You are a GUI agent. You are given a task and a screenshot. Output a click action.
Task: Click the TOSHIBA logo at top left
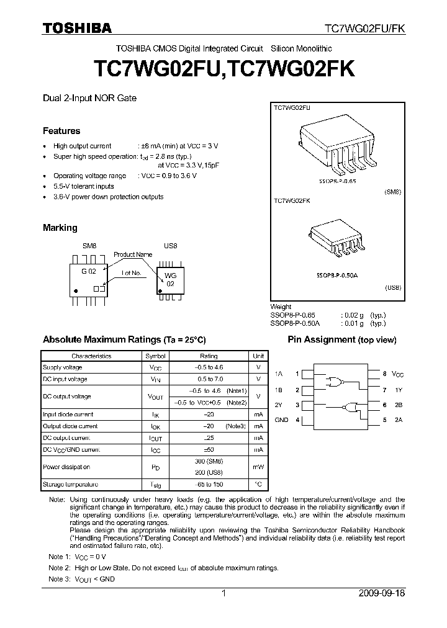point(77,28)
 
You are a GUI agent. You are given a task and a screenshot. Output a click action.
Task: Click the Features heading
point(61,131)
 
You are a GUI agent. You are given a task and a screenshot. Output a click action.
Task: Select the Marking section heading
point(60,228)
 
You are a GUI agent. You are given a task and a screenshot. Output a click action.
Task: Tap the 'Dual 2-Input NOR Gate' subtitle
point(89,98)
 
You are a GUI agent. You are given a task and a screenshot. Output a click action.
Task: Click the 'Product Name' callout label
point(133,254)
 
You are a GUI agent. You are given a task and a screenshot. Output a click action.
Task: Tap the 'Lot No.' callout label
point(132,273)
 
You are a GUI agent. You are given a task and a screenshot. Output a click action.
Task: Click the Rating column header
point(209,356)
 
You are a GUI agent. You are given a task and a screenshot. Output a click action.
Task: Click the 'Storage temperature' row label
point(70,484)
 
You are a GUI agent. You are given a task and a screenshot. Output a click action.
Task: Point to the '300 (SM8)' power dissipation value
point(209,461)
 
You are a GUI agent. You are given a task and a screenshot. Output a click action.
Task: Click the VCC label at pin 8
point(397,374)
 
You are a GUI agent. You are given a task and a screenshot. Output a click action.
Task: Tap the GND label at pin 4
point(281,420)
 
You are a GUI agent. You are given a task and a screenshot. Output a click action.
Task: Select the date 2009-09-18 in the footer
point(382,593)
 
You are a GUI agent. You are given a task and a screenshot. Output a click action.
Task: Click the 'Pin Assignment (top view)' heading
point(341,339)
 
